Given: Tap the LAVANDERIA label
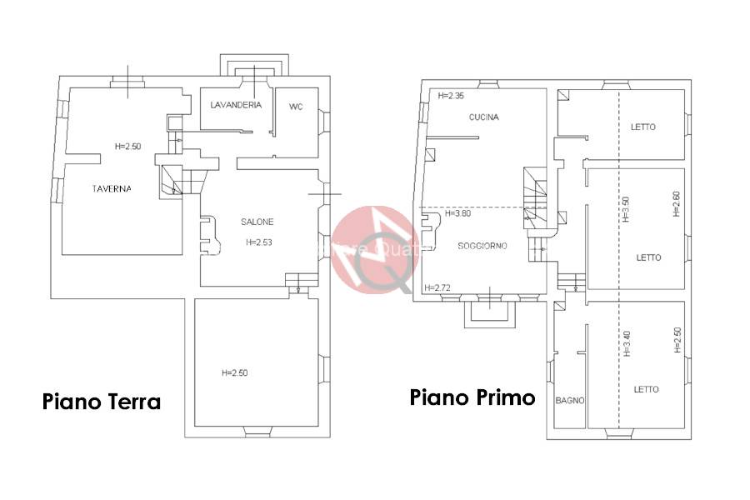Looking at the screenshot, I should (237, 105).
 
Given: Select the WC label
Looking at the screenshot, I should (296, 107).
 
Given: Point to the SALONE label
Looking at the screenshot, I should (257, 222).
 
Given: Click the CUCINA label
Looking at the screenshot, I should (483, 117).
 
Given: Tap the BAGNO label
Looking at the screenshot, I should (570, 400).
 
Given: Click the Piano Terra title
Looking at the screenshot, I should (102, 402).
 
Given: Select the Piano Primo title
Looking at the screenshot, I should (472, 397).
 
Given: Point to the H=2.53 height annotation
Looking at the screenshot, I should (259, 242).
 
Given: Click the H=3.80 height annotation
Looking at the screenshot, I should (458, 213).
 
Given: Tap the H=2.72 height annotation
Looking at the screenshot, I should (437, 287).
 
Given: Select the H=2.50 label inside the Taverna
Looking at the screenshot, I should (127, 147).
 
